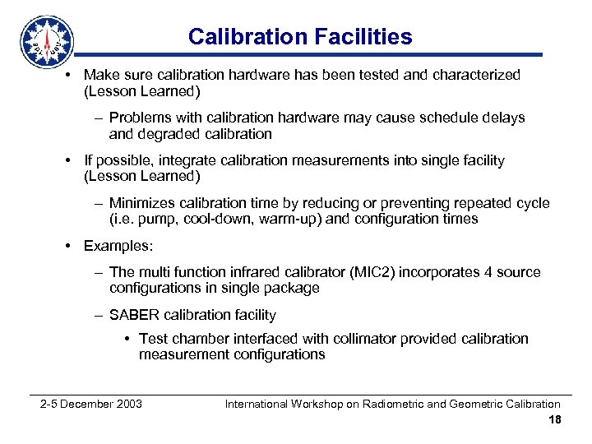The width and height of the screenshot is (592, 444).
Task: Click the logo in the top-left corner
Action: coord(47,41)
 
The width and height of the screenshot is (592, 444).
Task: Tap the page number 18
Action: coord(554,420)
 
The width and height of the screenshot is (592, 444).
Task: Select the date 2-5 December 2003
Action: coord(91,404)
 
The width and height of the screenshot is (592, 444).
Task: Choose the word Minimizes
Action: coord(141,203)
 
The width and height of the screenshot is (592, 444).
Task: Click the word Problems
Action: coord(140,118)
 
